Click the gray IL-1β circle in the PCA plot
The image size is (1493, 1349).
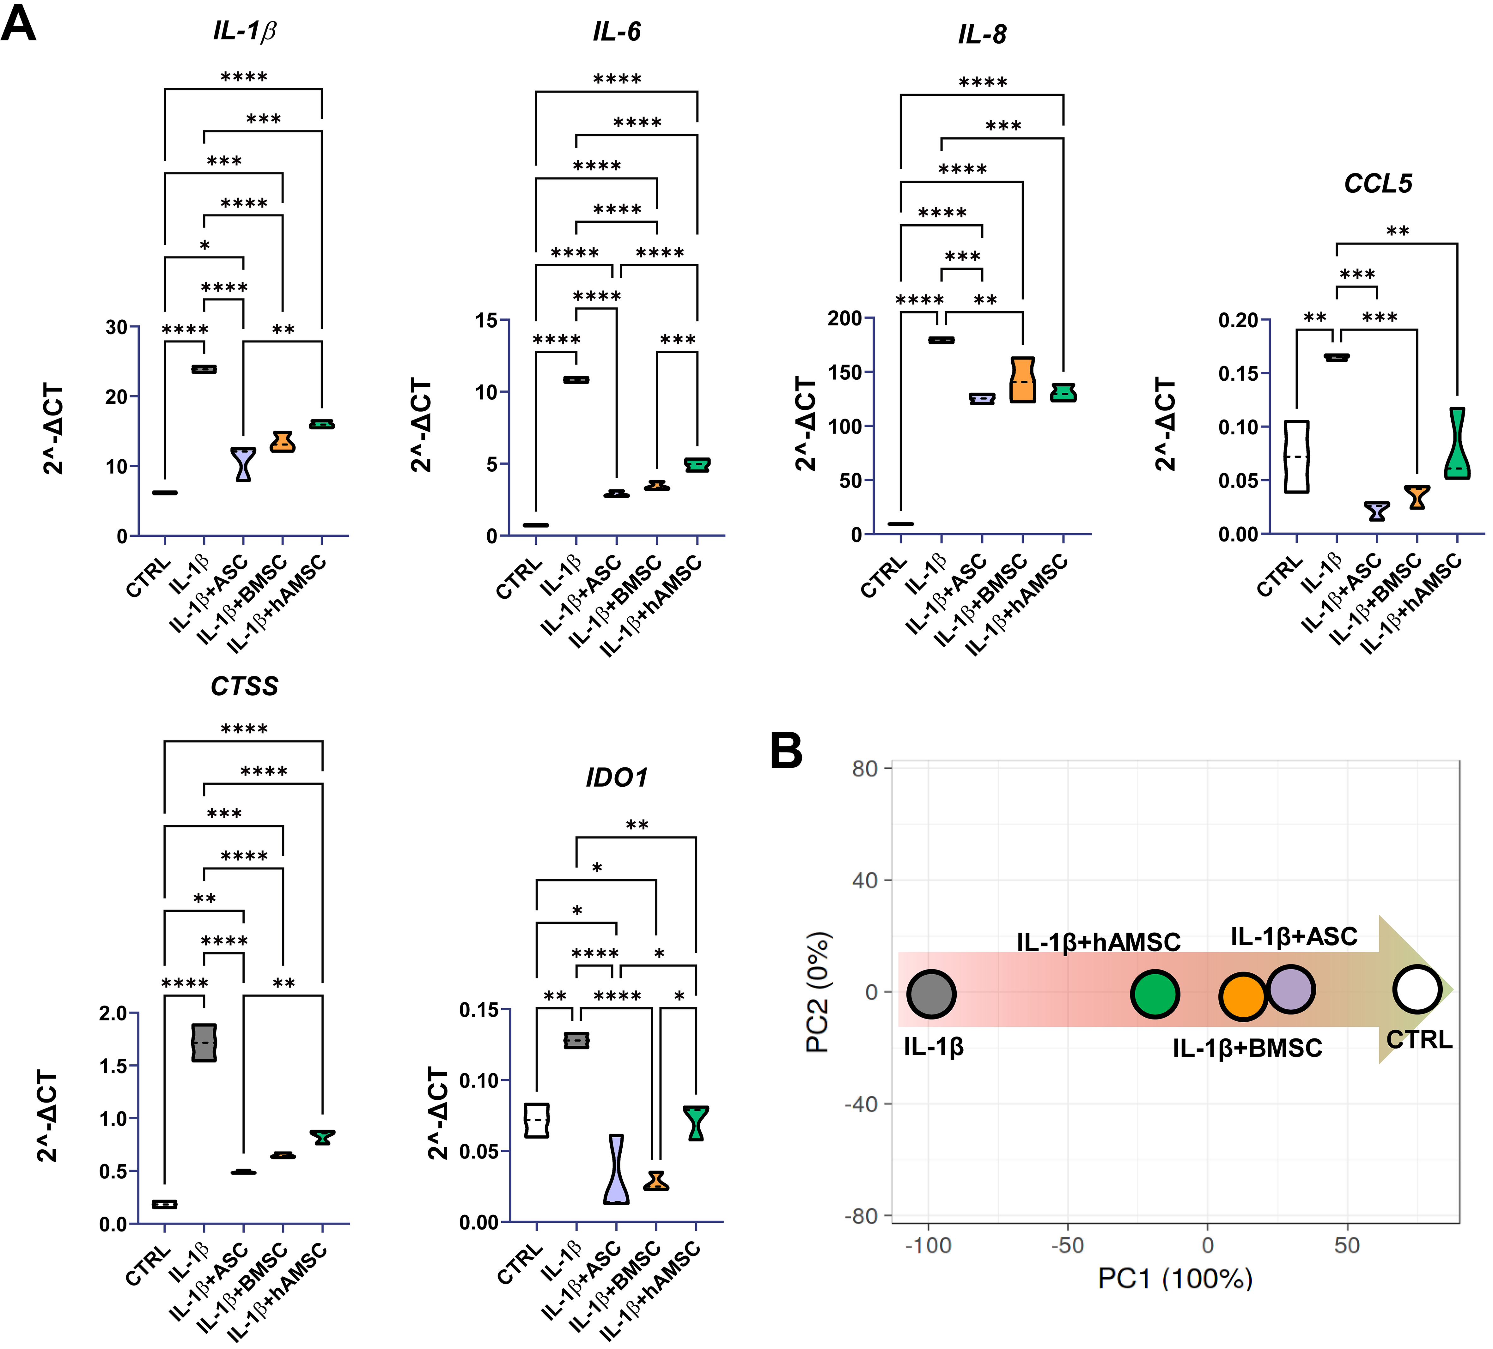point(931,994)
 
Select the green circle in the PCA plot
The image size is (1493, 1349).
point(1155,994)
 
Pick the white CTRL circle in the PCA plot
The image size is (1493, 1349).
point(1417,989)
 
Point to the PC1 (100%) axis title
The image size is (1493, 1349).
point(1174,1279)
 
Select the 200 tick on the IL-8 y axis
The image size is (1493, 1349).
point(844,318)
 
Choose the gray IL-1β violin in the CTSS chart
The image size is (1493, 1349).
point(204,1043)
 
